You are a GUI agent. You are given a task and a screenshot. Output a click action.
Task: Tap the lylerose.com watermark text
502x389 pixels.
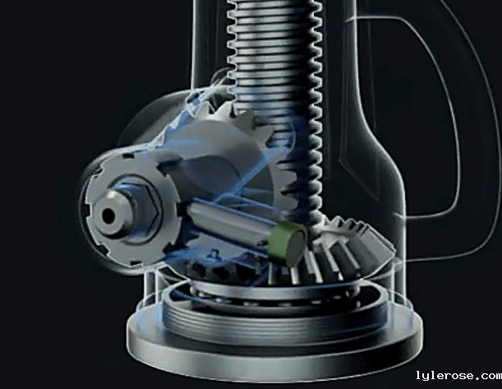point(458,375)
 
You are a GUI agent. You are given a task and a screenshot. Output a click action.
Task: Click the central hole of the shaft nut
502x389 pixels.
point(108,215)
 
